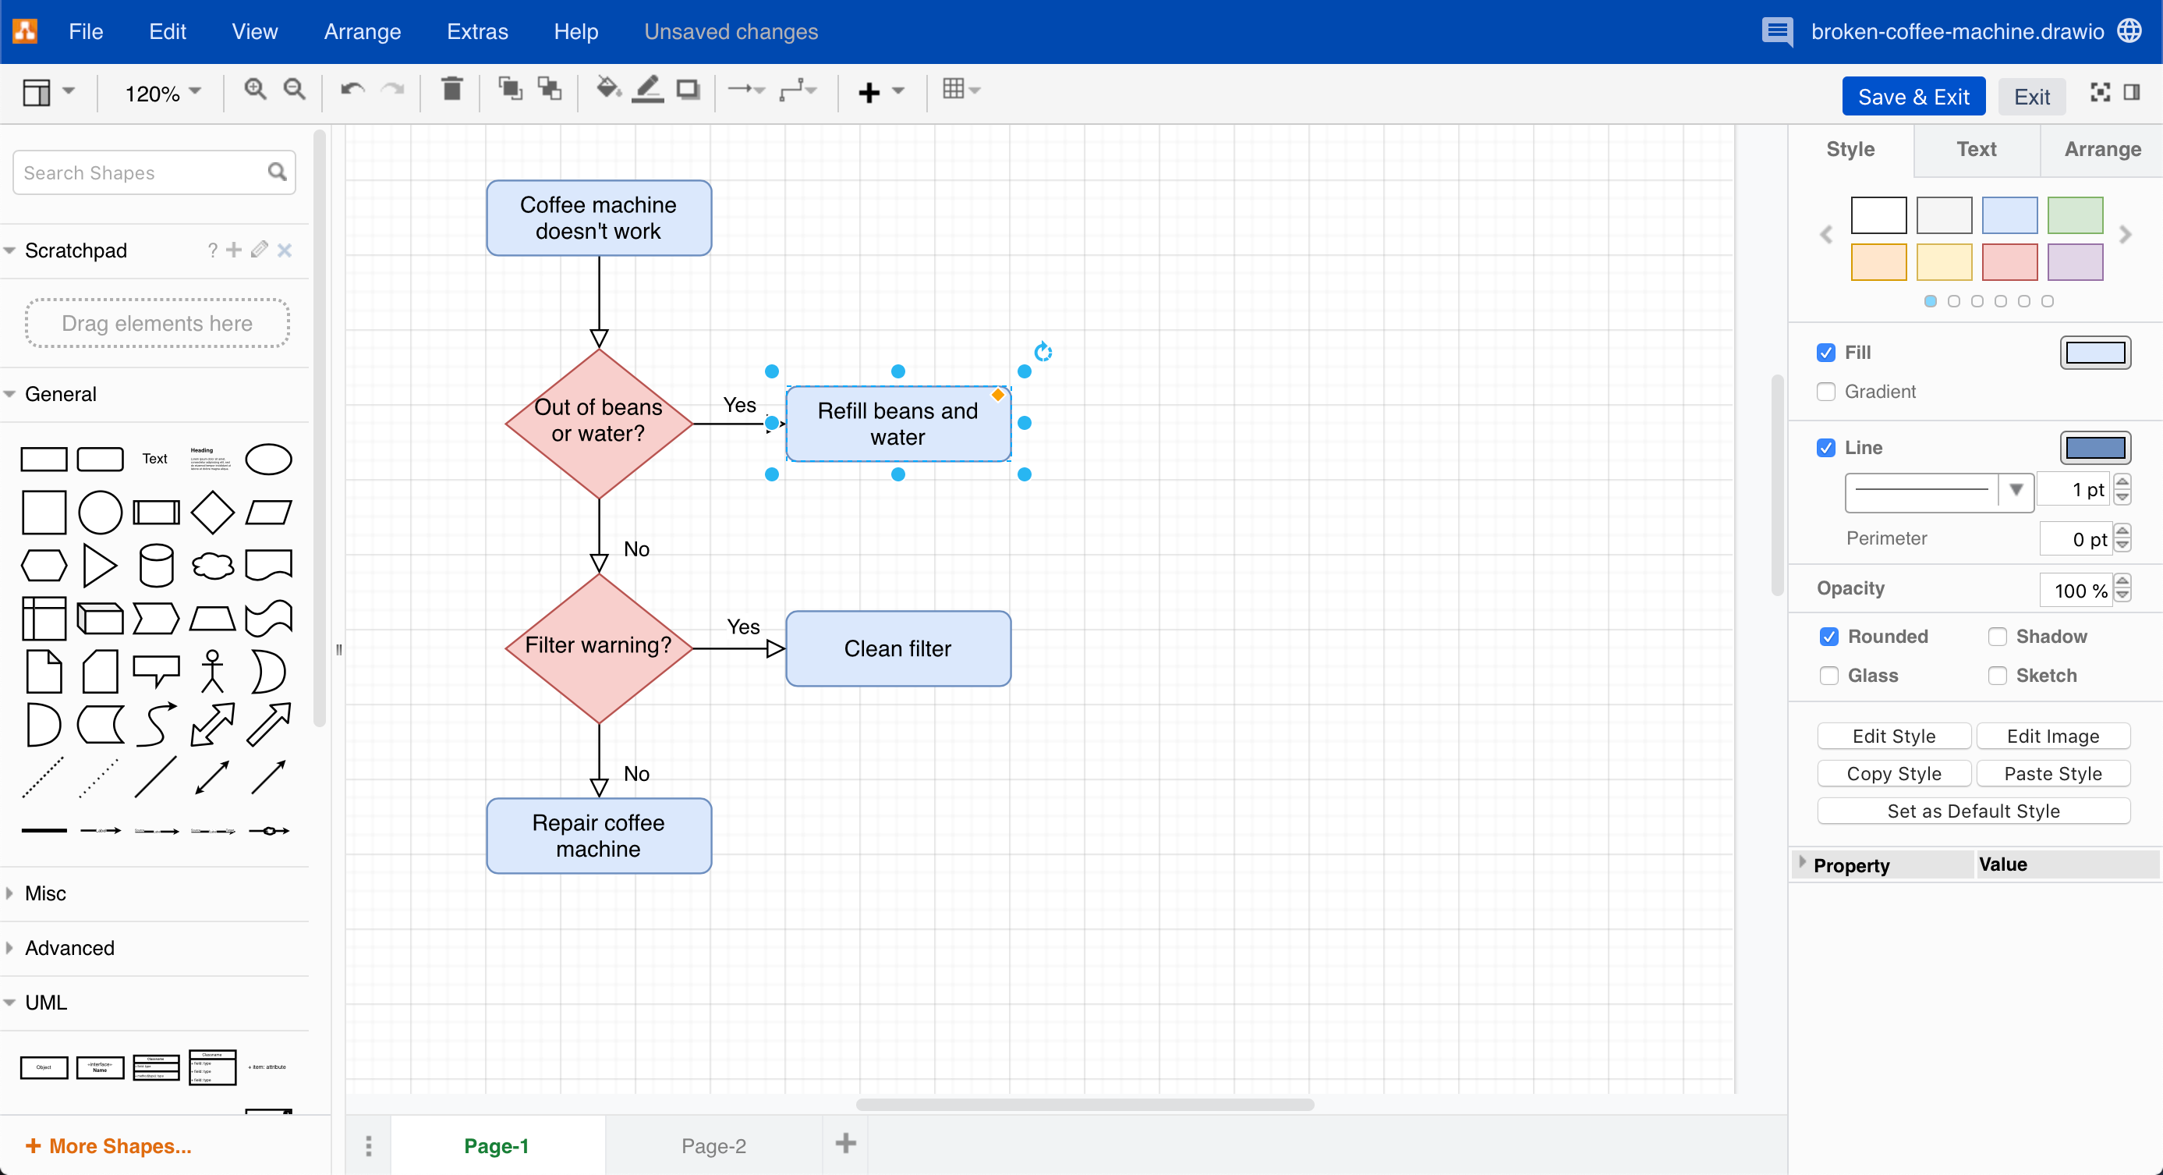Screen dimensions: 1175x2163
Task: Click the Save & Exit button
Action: (x=1913, y=97)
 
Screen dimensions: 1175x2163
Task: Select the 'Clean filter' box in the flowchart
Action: (x=897, y=648)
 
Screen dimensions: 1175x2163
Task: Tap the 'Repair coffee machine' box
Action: (x=599, y=836)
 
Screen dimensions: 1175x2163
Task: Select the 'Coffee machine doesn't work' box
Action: (x=599, y=218)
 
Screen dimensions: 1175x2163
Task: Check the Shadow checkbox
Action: (x=1998, y=637)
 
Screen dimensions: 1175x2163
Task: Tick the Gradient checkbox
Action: (x=1825, y=392)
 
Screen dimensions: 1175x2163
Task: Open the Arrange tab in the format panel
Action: (x=2101, y=150)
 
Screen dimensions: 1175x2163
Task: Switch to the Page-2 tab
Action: (x=713, y=1145)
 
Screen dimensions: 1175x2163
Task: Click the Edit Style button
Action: (x=1893, y=736)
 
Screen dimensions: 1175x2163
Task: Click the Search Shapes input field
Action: (x=143, y=173)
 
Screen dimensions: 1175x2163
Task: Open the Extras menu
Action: (x=477, y=32)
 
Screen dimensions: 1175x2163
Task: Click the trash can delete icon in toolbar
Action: (x=451, y=89)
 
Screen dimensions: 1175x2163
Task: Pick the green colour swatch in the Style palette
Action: (x=2074, y=215)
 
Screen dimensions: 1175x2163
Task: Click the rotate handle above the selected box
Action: (x=1043, y=352)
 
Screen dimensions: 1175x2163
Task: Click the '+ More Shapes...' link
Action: (x=109, y=1145)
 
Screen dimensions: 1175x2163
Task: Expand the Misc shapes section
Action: (x=45, y=893)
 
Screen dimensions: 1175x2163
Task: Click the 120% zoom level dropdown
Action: (x=162, y=92)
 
